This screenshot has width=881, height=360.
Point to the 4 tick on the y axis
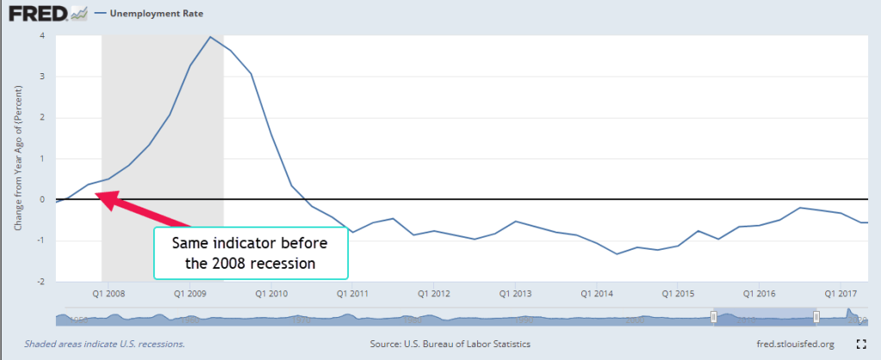41,35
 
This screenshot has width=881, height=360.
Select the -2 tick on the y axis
40,281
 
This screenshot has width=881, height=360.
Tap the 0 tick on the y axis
41,199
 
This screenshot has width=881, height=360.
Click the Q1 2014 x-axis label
596,293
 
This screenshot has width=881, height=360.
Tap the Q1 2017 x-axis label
841,293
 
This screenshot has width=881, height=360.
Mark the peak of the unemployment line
210,36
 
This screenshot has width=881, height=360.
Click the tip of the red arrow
96,195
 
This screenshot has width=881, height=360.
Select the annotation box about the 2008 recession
251,252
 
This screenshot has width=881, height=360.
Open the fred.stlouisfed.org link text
790,344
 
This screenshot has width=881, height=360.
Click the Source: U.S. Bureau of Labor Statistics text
450,344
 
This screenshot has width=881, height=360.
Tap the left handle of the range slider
713,317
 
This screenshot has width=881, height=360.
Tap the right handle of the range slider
816,317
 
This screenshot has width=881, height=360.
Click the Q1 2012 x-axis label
432,293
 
